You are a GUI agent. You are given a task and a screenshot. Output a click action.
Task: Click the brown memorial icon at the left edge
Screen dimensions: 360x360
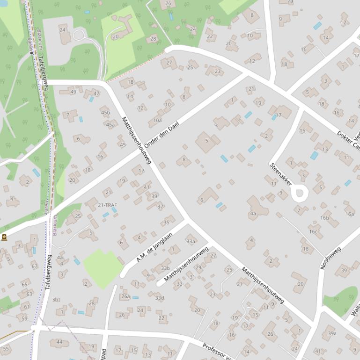(x=4, y=237)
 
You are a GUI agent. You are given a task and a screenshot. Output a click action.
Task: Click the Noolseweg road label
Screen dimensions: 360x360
(x=331, y=258)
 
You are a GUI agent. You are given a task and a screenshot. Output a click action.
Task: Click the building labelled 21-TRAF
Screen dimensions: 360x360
(x=107, y=205)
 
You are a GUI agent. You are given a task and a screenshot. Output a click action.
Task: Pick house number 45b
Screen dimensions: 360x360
(x=105, y=113)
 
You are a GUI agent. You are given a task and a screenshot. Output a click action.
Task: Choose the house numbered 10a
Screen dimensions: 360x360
(x=157, y=120)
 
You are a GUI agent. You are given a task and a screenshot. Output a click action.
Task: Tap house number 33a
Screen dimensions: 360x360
(x=191, y=241)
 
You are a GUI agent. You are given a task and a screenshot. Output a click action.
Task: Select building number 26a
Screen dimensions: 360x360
(x=125, y=296)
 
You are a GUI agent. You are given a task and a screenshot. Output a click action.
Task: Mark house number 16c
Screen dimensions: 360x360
(x=313, y=231)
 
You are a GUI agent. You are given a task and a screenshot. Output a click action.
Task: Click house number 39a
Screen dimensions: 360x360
(x=332, y=333)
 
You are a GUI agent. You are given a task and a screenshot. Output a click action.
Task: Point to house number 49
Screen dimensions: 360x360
(x=73, y=92)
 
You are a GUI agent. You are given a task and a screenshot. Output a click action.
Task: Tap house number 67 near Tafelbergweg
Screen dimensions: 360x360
(x=34, y=266)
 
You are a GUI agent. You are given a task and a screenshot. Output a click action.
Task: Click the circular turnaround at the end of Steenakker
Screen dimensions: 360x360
(x=300, y=193)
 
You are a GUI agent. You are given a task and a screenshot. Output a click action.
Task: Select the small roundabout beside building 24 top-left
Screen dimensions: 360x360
(x=79, y=34)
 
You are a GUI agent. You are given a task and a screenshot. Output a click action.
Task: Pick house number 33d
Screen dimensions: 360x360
(x=160, y=298)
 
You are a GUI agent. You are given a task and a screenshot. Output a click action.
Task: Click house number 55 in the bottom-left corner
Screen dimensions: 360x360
(x=6, y=348)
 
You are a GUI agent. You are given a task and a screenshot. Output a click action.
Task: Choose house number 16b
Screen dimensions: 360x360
(x=324, y=218)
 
